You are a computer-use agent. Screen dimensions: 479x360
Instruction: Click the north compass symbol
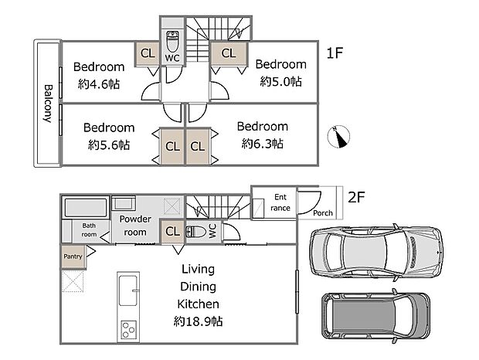click(338, 137)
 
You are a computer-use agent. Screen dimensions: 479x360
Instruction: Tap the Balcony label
click(48, 104)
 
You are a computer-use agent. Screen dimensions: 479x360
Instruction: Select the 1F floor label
click(335, 53)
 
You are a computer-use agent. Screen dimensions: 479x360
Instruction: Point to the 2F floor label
click(356, 197)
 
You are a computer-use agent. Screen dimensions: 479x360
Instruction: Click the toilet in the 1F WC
click(172, 42)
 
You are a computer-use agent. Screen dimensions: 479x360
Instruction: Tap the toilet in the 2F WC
click(196, 232)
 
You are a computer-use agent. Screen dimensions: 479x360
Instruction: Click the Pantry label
click(73, 256)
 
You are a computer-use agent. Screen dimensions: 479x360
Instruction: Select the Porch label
click(323, 212)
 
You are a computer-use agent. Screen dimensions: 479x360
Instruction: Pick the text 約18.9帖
click(198, 321)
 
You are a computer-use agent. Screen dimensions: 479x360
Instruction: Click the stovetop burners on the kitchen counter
click(128, 329)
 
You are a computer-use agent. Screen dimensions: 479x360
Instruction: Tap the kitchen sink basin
click(128, 290)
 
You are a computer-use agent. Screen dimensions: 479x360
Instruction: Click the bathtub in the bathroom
click(87, 208)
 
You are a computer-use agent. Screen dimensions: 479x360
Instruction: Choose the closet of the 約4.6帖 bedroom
click(148, 53)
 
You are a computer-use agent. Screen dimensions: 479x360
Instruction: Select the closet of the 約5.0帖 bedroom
click(229, 53)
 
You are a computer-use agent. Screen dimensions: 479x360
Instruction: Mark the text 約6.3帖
click(263, 143)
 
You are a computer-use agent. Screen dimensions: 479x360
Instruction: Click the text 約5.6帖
click(109, 144)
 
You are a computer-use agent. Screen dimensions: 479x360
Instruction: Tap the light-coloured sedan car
click(376, 253)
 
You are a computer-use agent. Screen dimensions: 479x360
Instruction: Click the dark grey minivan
click(375, 317)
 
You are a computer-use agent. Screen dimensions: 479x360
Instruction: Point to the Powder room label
click(135, 226)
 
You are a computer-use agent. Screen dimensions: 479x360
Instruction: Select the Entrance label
click(280, 202)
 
